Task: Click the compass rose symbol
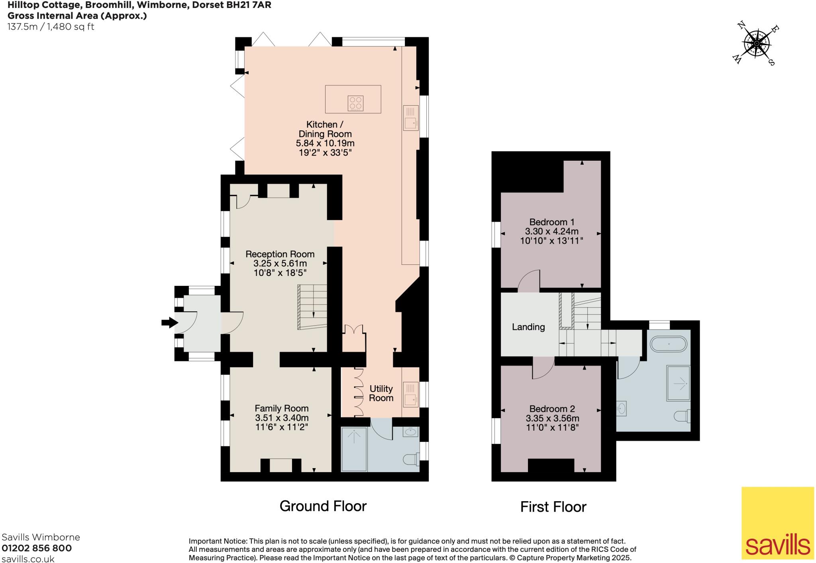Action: [x=756, y=44]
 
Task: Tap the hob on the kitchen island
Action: [x=355, y=103]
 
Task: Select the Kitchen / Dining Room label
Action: [x=325, y=129]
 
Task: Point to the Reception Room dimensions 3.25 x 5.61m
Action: [x=280, y=264]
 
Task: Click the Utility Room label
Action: [x=381, y=393]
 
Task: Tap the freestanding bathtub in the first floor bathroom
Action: [x=669, y=343]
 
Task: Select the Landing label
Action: [x=528, y=327]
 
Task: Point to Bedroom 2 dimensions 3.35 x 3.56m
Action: [x=552, y=418]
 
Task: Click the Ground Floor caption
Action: [x=323, y=506]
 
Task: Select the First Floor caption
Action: [x=553, y=507]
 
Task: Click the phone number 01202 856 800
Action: [x=37, y=548]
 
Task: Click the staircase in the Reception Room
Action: [x=312, y=307]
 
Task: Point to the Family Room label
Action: [x=281, y=408]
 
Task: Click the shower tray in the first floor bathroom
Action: [x=678, y=383]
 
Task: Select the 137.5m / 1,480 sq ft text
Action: [x=51, y=27]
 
